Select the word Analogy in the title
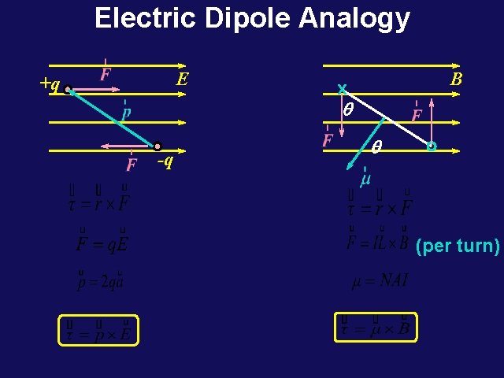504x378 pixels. click(354, 19)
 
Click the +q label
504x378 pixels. click(49, 83)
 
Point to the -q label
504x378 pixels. click(165, 162)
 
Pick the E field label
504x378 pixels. click(183, 80)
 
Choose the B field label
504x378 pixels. click(455, 80)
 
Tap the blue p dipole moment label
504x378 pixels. click(125, 112)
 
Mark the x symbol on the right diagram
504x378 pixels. click(342, 87)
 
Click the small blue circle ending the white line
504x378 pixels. click(431, 146)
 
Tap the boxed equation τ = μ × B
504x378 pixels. click(376, 328)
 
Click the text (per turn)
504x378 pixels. click(458, 246)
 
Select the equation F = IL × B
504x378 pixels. click(378, 241)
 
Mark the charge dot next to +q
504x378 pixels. click(69, 90)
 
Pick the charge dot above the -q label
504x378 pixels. click(157, 146)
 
